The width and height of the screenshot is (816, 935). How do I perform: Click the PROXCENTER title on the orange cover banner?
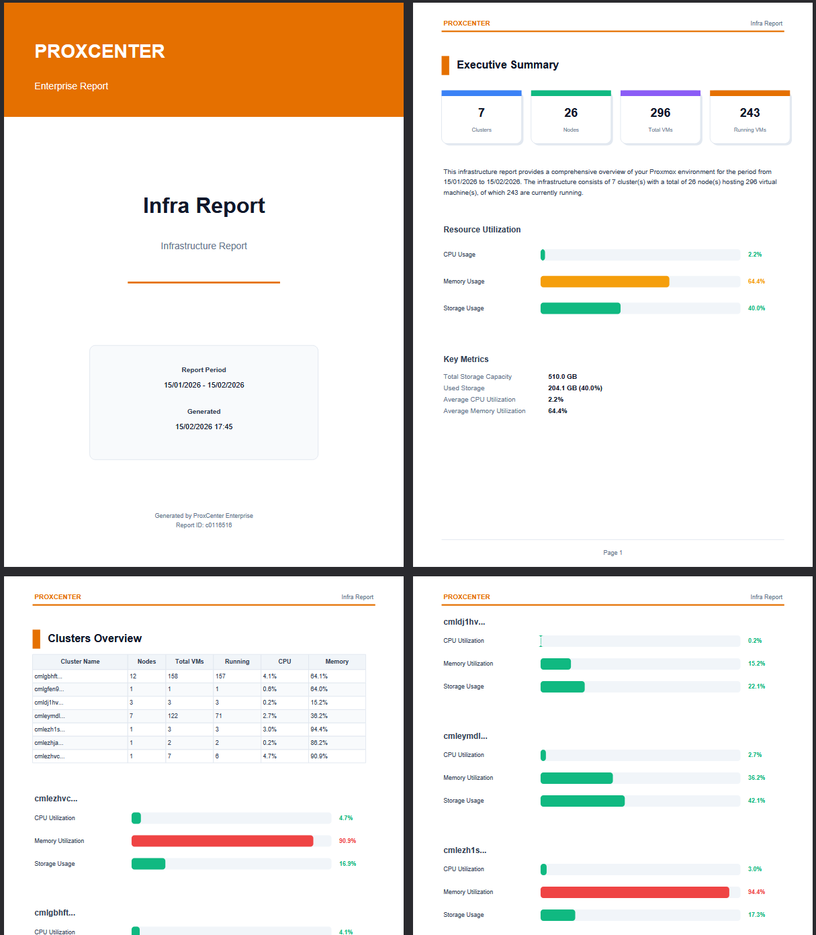tap(99, 52)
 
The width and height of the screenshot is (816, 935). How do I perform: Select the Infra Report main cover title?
tap(203, 206)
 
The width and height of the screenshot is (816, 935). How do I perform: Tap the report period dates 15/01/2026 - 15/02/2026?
tap(203, 385)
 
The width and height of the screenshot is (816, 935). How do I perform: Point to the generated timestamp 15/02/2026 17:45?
tap(203, 427)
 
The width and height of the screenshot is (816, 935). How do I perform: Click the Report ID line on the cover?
tap(203, 525)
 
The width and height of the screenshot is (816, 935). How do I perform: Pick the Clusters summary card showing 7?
tap(482, 118)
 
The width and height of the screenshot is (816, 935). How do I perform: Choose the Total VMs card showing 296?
tap(660, 118)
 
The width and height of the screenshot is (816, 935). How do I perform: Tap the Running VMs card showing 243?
tap(750, 118)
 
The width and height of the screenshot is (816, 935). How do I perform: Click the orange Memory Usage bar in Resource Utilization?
tap(604, 281)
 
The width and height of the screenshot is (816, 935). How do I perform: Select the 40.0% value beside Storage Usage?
tap(756, 308)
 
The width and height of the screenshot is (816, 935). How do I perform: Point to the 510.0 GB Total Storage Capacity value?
tap(562, 377)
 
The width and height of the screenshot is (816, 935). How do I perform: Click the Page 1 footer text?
tap(613, 553)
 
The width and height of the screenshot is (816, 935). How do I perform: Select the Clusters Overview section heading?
tap(95, 638)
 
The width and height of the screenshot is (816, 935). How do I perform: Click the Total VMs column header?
tap(189, 662)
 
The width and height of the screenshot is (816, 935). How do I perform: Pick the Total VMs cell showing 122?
tap(173, 716)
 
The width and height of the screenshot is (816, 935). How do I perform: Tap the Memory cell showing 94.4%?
tap(319, 729)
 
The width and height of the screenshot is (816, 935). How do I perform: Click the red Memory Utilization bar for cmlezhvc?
tap(222, 841)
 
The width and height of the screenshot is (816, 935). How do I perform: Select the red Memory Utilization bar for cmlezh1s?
tap(635, 892)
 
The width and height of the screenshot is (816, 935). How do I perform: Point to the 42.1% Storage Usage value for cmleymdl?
tap(756, 801)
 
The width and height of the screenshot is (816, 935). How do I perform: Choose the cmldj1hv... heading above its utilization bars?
tap(464, 622)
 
